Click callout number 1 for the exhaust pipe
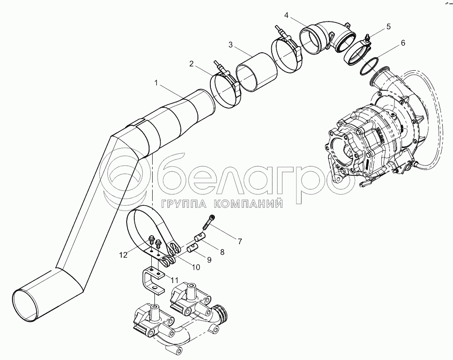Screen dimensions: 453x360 coord(156,83)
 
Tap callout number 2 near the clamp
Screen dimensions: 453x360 coord(191,64)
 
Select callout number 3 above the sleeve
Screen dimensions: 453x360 coord(230,45)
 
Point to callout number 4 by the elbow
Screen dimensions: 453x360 coord(286,15)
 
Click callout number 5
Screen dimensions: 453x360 coord(388,26)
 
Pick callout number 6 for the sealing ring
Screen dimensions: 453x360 coord(403,43)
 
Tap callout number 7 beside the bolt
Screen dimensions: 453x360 coord(240,241)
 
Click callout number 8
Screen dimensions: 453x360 coord(222,252)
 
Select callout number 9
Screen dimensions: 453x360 coord(209,260)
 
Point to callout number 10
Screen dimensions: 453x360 coord(196,267)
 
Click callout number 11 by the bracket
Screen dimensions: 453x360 coord(174,280)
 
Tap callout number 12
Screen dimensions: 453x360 coord(124,255)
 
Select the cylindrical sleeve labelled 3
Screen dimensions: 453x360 coord(256,72)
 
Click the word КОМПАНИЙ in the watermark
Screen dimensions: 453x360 coord(248,204)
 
